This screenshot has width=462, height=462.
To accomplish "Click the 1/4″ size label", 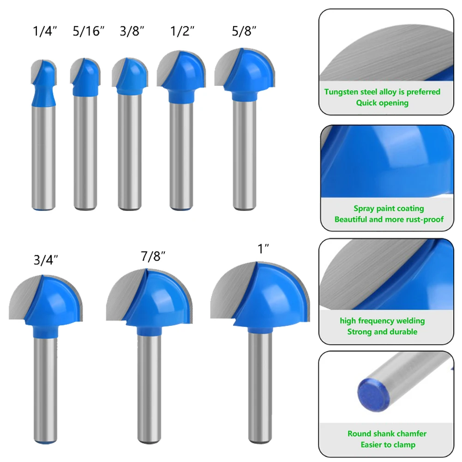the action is click(x=45, y=31).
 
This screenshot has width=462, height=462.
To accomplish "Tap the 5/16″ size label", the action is click(x=89, y=31).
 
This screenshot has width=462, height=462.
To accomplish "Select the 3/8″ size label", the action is click(x=132, y=31).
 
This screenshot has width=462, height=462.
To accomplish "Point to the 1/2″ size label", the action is click(x=182, y=31).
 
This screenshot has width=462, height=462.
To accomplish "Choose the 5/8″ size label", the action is click(x=244, y=31).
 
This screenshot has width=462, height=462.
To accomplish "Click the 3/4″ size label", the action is click(x=46, y=260).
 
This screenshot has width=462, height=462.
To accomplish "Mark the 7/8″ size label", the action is click(x=153, y=256).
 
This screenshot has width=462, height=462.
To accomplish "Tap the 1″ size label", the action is click(x=264, y=249).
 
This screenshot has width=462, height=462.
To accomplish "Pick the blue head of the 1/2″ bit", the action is click(x=184, y=77).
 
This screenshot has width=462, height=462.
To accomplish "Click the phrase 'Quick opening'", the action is click(x=382, y=103).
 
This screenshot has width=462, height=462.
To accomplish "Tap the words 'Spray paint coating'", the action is click(x=389, y=208).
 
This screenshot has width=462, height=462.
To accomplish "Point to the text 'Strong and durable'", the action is click(x=382, y=332).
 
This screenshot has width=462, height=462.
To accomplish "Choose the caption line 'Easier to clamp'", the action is click(x=388, y=444).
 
